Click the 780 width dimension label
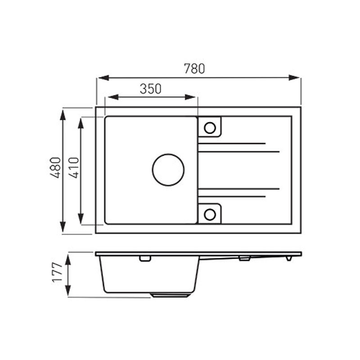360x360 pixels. pyautogui.click(x=194, y=69)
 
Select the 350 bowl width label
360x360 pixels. pyautogui.click(x=151, y=89)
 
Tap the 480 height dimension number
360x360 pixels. pyautogui.click(x=55, y=167)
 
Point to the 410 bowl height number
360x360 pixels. pyautogui.click(x=74, y=167)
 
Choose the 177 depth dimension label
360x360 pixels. pyautogui.click(x=57, y=272)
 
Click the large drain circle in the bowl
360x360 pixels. pyautogui.click(x=168, y=154)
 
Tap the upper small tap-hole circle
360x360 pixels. pyautogui.click(x=210, y=122)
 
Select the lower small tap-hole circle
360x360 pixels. pyautogui.click(x=210, y=209)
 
